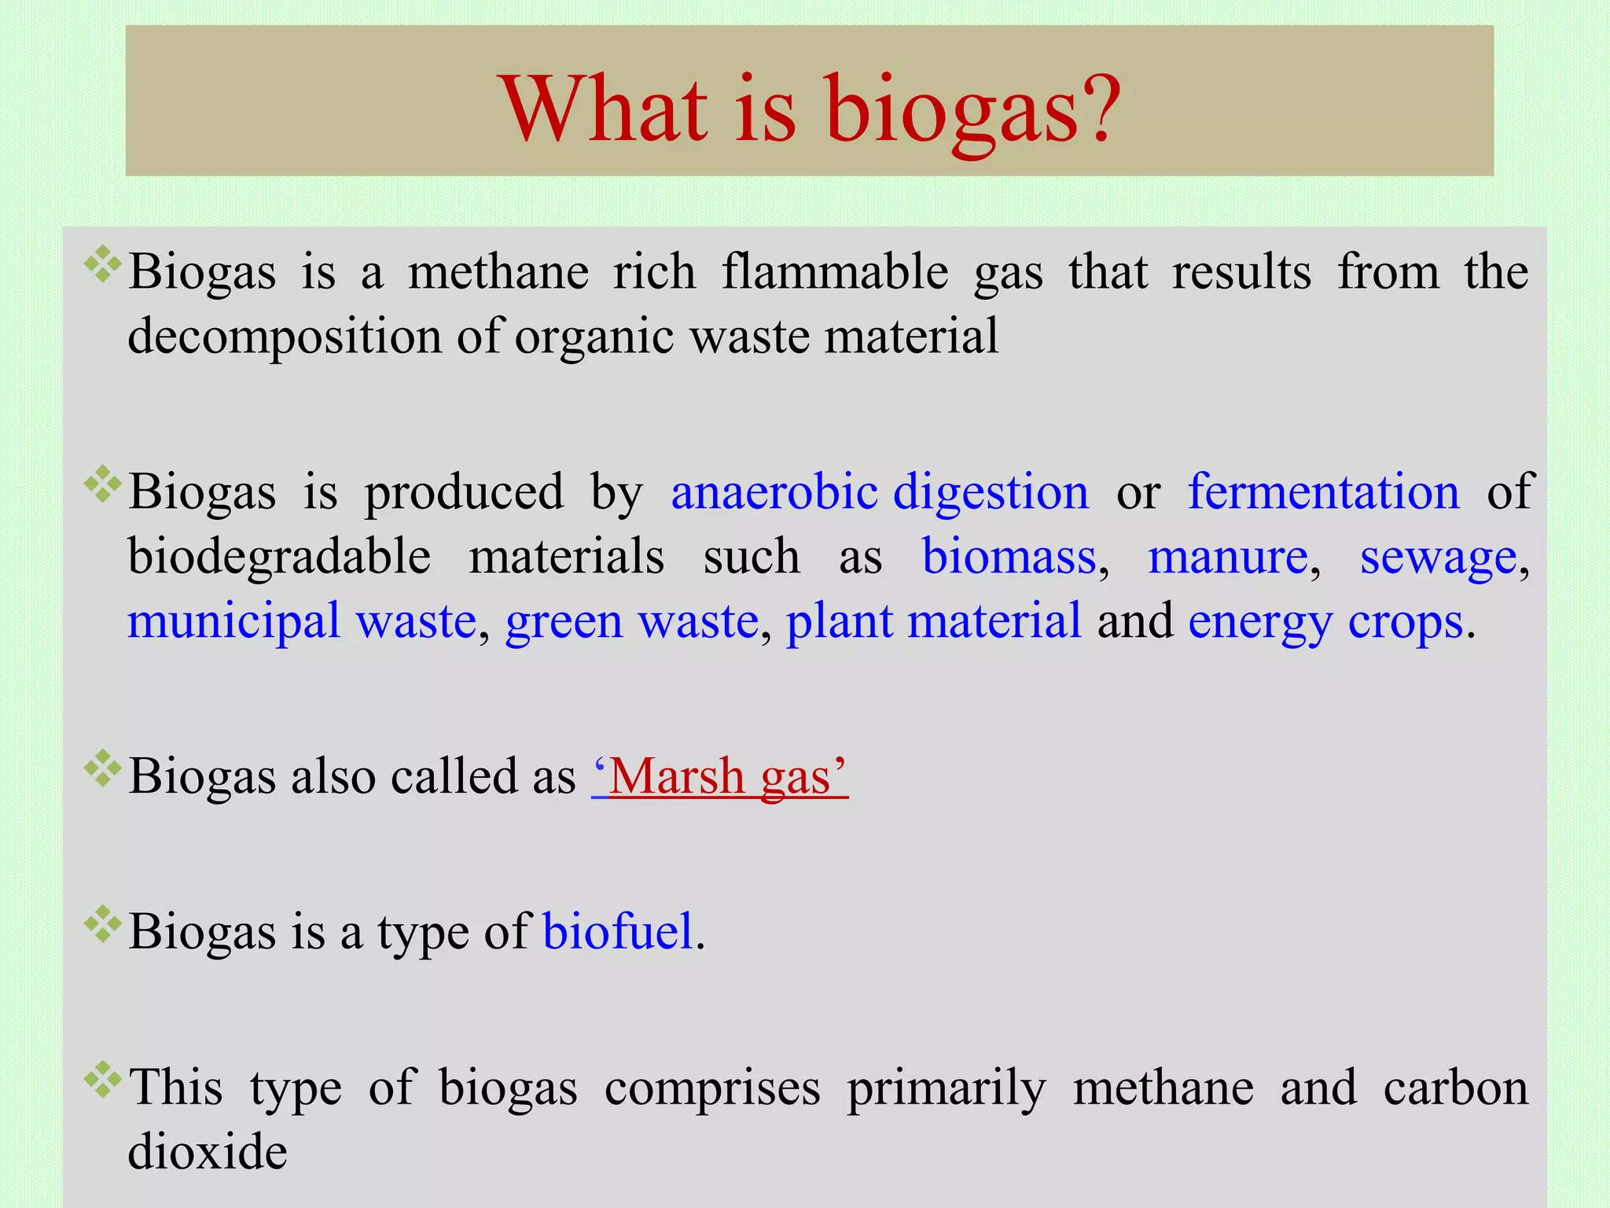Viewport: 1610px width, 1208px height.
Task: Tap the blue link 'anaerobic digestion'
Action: tap(880, 492)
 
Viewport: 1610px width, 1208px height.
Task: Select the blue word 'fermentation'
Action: tap(1323, 492)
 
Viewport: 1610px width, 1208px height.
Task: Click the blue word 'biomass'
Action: tap(1009, 557)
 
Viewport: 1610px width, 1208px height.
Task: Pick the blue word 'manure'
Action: tap(1227, 557)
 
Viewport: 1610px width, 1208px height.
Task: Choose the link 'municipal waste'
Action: tap(302, 621)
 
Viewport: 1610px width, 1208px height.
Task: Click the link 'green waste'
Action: tap(631, 621)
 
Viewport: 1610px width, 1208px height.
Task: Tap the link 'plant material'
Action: tap(933, 621)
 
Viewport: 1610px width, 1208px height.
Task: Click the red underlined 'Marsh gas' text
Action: tap(720, 777)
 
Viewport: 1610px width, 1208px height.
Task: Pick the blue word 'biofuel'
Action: tap(618, 932)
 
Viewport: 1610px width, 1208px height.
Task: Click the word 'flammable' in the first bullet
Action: tap(835, 272)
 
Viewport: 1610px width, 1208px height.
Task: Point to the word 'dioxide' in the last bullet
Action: tap(208, 1152)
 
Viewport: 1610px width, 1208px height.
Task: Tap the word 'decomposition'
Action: tap(284, 337)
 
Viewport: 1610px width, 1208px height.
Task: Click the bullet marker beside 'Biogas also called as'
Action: tap(102, 768)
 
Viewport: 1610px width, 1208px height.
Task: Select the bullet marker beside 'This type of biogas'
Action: tap(102, 1080)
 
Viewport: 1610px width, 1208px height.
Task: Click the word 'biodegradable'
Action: tap(279, 557)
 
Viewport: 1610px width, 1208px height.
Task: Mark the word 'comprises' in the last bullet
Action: tap(712, 1089)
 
